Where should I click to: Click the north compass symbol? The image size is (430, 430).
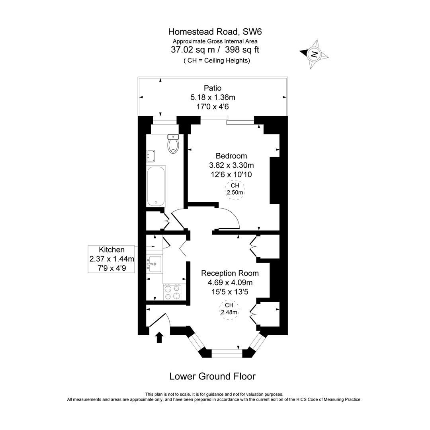[x=314, y=54]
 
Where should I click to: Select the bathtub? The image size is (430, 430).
[x=156, y=186]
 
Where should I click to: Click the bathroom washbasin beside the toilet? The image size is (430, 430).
[x=150, y=156]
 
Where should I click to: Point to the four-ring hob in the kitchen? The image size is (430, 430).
[x=172, y=292]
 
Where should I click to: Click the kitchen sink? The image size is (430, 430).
[x=154, y=263]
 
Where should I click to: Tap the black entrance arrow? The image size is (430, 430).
[x=159, y=337]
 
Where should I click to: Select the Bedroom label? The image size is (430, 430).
[x=231, y=156]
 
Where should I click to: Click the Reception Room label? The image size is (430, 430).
[x=230, y=273]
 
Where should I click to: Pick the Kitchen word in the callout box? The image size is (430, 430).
[x=111, y=250]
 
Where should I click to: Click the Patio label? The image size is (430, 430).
[x=213, y=88]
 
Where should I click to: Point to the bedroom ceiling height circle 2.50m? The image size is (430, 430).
[x=235, y=189]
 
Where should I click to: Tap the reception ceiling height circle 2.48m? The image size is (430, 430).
[x=229, y=309]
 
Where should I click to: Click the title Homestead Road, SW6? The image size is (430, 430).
[x=215, y=31]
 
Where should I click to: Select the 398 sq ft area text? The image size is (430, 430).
[x=242, y=50]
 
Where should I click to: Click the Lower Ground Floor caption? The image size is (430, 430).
[x=212, y=376]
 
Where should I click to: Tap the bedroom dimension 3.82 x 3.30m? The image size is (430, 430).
[x=231, y=165]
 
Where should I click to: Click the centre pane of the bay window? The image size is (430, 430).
[x=227, y=351]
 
